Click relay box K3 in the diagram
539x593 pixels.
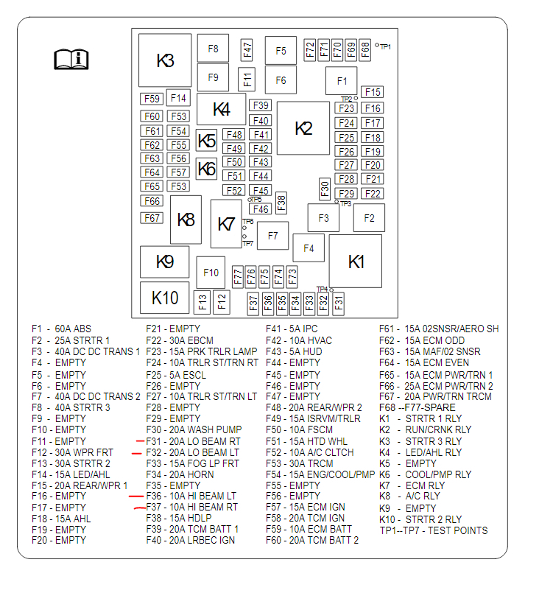click(165, 60)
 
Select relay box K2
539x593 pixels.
click(303, 128)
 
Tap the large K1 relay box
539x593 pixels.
click(356, 261)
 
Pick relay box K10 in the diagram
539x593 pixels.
click(165, 298)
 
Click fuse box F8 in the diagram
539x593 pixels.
click(213, 49)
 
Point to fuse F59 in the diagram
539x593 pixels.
click(152, 99)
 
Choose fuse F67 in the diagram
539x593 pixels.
click(152, 218)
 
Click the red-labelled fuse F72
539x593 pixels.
click(310, 49)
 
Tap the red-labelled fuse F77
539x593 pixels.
click(238, 276)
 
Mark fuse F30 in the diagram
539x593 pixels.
click(324, 189)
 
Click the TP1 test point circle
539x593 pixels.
click(377, 46)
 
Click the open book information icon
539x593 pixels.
click(71, 59)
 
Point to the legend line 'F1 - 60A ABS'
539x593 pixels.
click(62, 329)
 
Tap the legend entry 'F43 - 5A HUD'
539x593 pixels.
click(294, 352)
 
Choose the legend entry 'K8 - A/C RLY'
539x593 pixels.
click(409, 496)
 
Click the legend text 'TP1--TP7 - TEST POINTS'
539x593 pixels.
click(433, 530)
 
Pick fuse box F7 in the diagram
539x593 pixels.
click(272, 236)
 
